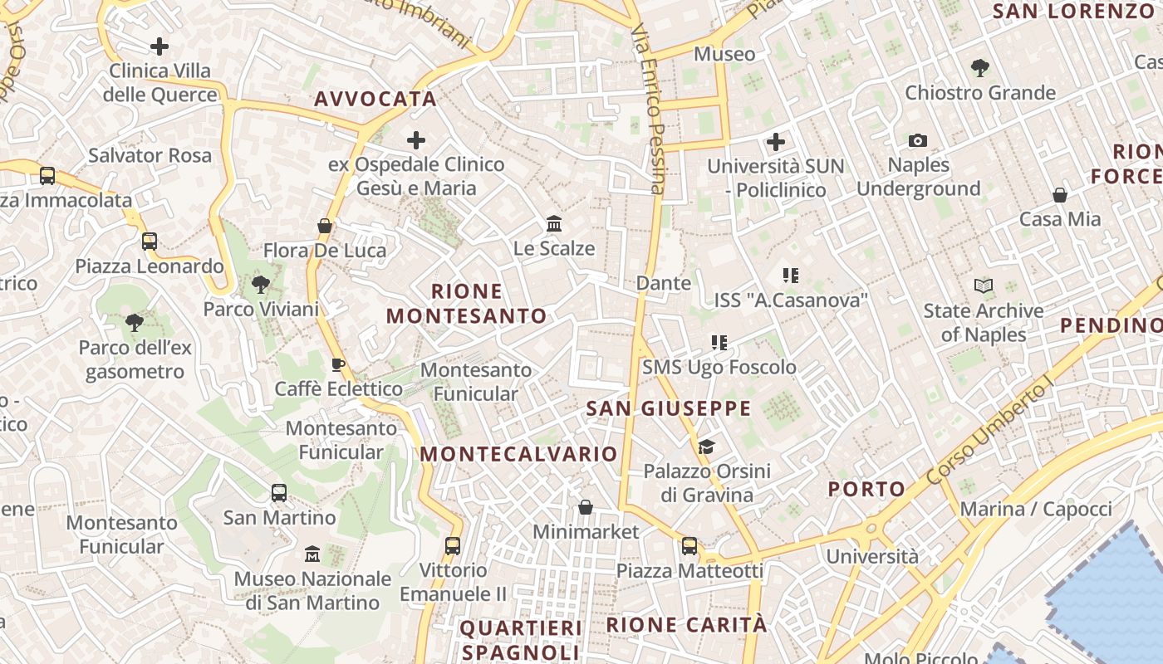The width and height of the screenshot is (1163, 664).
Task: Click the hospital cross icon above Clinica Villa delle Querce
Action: coord(159,46)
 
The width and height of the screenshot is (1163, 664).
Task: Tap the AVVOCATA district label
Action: coord(375,99)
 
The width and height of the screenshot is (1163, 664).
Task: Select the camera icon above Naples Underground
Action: coord(918,141)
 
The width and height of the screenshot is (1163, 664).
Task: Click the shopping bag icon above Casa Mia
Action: coord(1060,195)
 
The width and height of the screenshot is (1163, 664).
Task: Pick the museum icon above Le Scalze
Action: coord(554,224)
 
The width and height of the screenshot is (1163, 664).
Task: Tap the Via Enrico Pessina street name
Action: coord(649,108)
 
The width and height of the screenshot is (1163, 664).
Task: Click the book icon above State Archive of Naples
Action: coord(984,286)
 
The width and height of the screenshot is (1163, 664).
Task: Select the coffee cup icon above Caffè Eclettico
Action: coord(338,364)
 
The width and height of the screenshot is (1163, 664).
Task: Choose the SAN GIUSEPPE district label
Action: coord(669,408)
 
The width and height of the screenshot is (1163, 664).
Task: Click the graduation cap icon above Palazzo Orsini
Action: coord(706,447)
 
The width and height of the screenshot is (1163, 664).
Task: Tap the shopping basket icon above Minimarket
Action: coord(586,507)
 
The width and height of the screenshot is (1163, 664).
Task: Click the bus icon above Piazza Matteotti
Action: coord(689,546)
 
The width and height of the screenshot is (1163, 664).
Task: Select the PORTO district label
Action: coord(866,489)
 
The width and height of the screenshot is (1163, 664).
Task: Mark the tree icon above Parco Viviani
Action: coord(261,286)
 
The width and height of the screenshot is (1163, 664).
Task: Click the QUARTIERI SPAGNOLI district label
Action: coord(521,639)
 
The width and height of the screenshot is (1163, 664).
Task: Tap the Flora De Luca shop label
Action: coord(325,250)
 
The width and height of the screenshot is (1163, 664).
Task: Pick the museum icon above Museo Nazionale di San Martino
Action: coord(312,554)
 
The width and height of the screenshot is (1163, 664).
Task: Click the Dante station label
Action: coord(664,283)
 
